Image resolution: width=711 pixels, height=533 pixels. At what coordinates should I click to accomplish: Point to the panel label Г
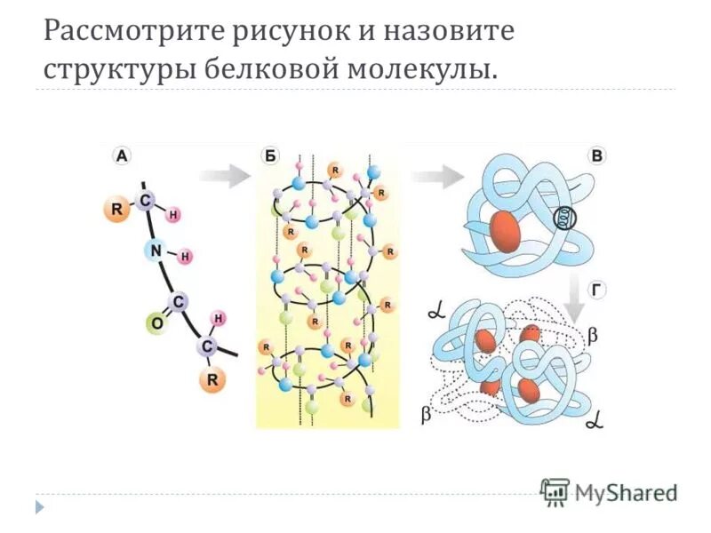pyautogui.click(x=597, y=289)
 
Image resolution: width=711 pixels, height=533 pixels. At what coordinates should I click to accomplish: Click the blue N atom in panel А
pyautogui.click(x=156, y=251)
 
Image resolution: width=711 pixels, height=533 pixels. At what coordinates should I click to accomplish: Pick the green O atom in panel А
pyautogui.click(x=156, y=324)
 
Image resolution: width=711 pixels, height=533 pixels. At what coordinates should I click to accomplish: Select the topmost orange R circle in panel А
pyautogui.click(x=115, y=211)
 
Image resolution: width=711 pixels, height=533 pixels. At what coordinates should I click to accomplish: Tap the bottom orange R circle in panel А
pyautogui.click(x=212, y=380)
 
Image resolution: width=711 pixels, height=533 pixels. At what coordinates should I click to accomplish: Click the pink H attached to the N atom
pyautogui.click(x=186, y=257)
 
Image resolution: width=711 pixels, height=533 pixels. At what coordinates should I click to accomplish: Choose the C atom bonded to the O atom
pyautogui.click(x=179, y=302)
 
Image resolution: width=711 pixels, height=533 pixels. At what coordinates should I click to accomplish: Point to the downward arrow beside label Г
pyautogui.click(x=575, y=302)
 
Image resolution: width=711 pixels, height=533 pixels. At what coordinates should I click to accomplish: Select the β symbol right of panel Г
pyautogui.click(x=594, y=335)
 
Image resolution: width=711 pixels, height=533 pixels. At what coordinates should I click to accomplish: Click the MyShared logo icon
pyautogui.click(x=555, y=490)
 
